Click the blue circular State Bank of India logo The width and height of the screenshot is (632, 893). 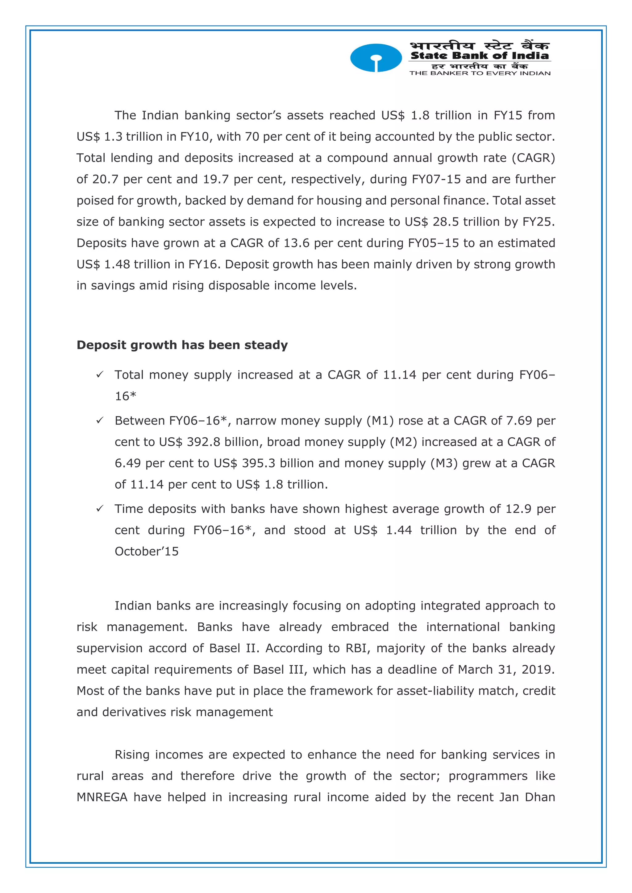(376, 58)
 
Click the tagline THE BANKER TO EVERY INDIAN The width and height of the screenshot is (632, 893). (480, 73)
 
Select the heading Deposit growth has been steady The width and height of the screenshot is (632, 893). (182, 345)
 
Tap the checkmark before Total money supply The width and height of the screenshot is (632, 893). (100, 374)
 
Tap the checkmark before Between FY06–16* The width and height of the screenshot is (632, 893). (100, 420)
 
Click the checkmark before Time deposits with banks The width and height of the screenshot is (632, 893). (100, 509)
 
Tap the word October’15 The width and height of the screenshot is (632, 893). (146, 552)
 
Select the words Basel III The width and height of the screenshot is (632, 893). (277, 669)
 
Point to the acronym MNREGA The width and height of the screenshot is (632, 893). (102, 797)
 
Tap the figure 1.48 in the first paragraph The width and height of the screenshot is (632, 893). (117, 264)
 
